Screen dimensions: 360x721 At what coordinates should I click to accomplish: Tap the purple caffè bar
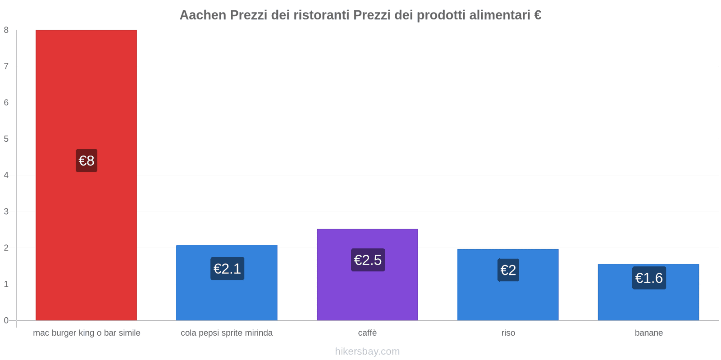tap(367, 292)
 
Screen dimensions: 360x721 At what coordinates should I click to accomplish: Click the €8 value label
tap(87, 161)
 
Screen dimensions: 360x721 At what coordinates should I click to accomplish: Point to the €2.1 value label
tap(227, 269)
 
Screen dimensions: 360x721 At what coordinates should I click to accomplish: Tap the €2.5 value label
tap(368, 260)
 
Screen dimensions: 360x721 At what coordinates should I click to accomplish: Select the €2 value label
tap(508, 270)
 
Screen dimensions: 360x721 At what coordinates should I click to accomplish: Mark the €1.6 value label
tap(649, 278)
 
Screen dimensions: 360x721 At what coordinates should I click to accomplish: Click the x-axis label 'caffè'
tap(367, 333)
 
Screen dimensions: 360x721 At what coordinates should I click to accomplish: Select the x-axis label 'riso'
tap(508, 333)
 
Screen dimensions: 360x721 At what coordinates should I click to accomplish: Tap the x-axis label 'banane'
tap(649, 333)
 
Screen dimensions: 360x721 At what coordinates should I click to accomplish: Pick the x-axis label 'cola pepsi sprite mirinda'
tap(227, 333)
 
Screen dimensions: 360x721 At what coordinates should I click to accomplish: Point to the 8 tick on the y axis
tap(6, 30)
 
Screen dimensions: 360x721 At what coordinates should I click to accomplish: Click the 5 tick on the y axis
tap(6, 139)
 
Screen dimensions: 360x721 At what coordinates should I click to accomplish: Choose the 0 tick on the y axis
tap(6, 320)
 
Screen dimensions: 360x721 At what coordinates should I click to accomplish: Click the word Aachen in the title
tap(203, 15)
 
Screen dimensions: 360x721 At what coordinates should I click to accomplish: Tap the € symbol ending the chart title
tap(537, 15)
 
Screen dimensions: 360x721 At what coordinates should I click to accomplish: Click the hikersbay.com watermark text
tap(367, 351)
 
